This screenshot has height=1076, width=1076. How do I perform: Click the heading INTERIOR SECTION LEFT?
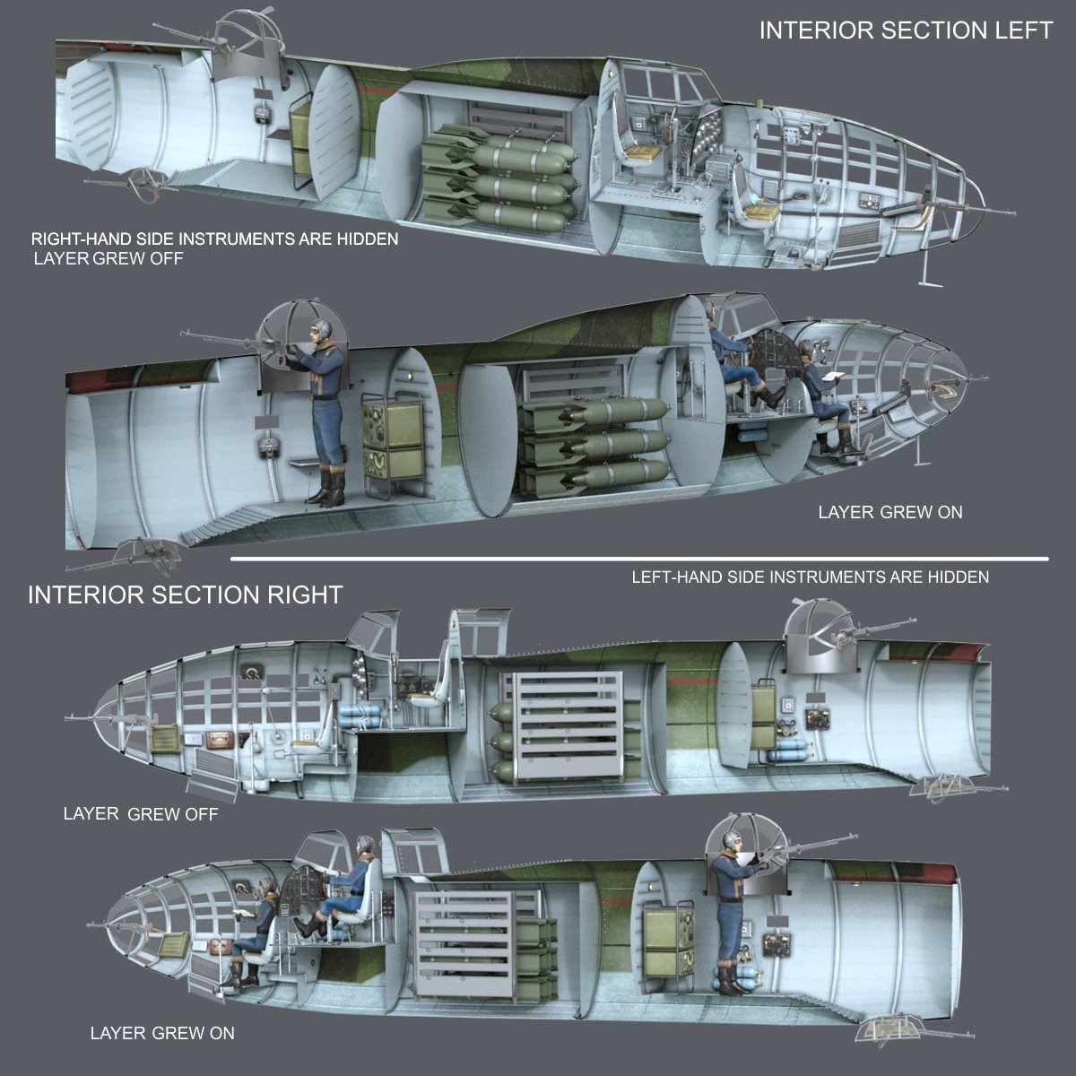click(x=906, y=30)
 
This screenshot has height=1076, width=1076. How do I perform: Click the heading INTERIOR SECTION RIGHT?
click(x=185, y=594)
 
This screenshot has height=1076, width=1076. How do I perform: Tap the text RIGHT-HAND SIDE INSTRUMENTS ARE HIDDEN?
click(x=215, y=239)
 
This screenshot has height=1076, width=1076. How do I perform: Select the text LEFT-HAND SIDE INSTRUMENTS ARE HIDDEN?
click(x=810, y=577)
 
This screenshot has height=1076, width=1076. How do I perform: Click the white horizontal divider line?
click(x=638, y=560)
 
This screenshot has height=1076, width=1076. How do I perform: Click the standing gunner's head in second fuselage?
click(x=324, y=330)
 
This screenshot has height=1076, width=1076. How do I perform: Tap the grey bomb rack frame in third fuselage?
click(x=567, y=727)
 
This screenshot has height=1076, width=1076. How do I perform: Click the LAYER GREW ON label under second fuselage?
click(x=889, y=513)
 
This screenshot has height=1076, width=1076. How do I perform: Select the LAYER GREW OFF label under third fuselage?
click(x=140, y=814)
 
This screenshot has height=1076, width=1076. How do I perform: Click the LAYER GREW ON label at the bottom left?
click(x=162, y=1033)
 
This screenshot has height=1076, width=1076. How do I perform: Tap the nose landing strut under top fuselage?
click(x=930, y=269)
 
